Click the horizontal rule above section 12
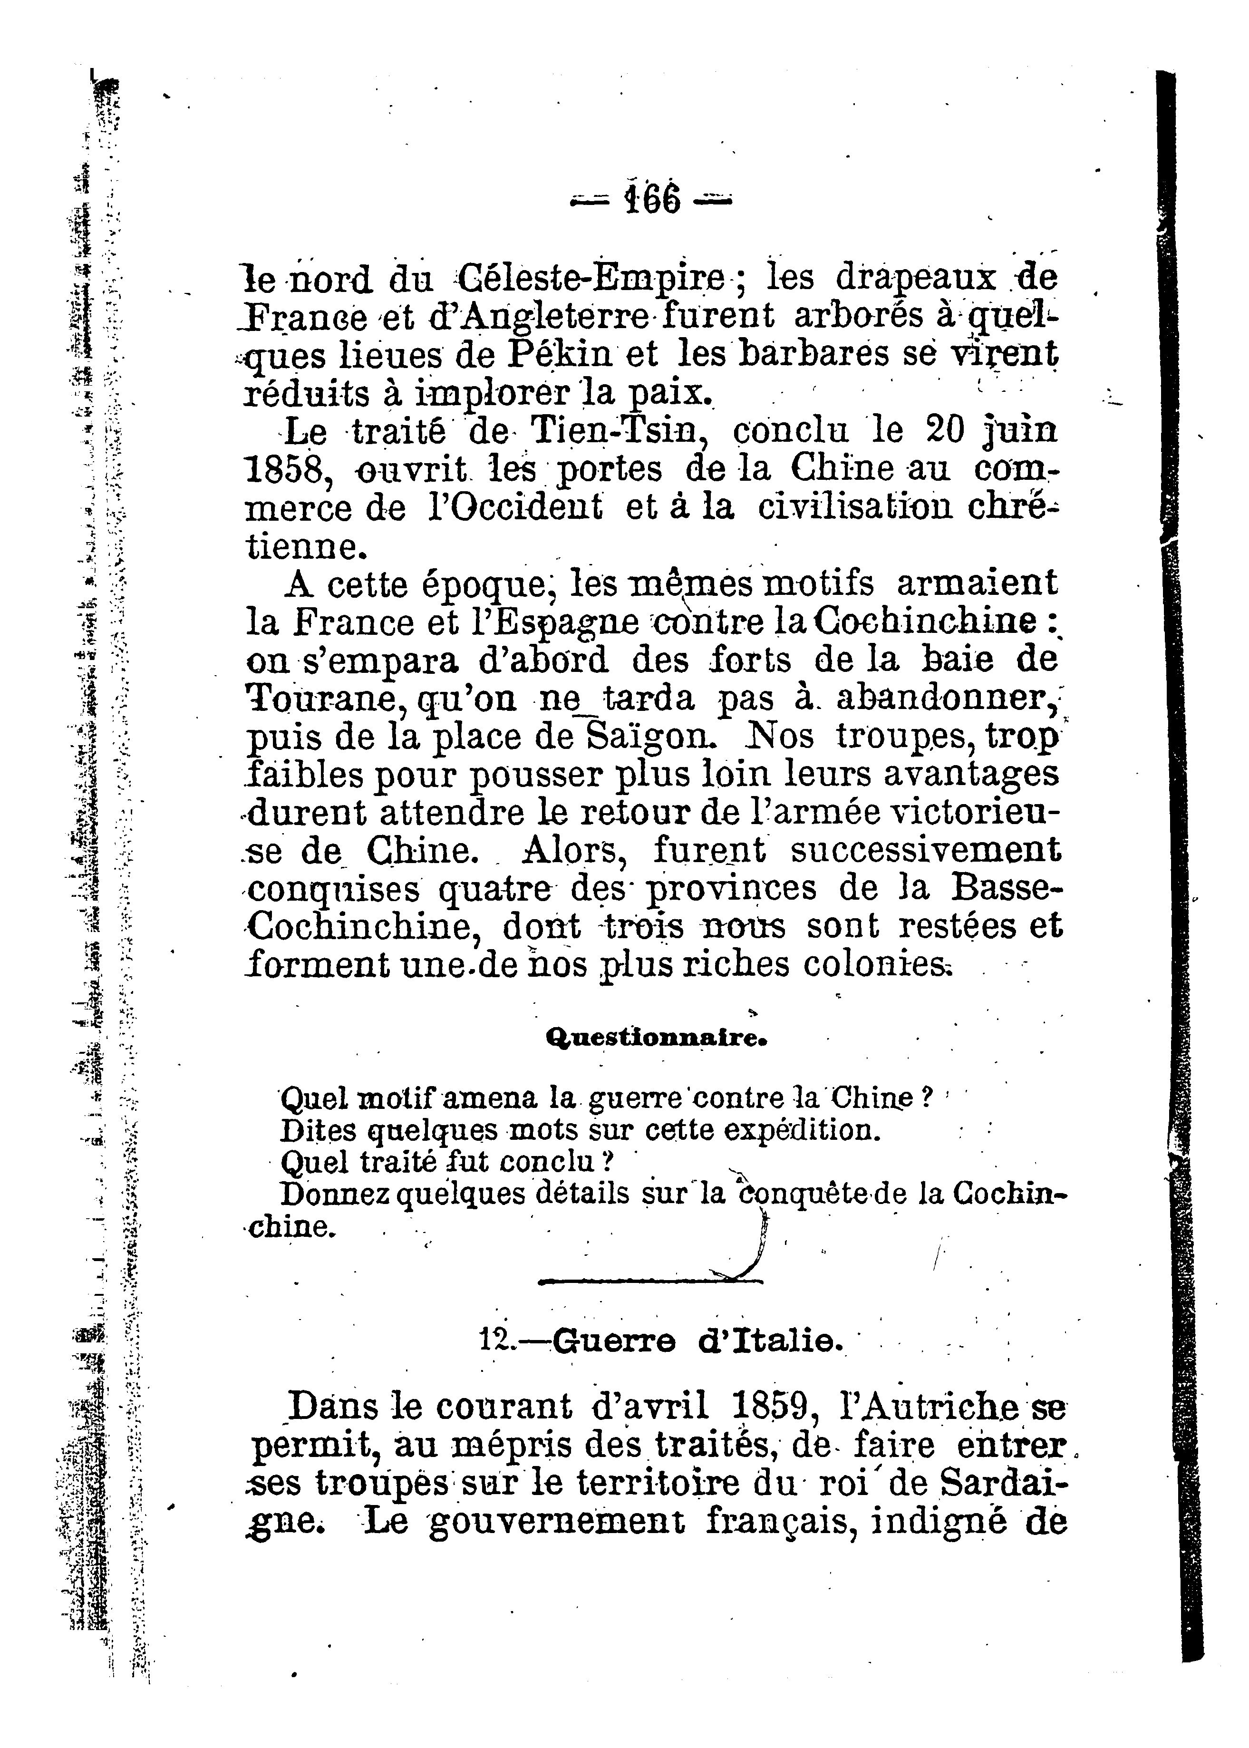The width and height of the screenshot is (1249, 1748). pyautogui.click(x=650, y=1281)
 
